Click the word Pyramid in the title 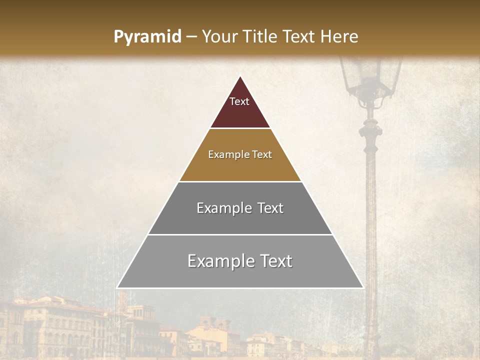point(147,37)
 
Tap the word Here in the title point(339,37)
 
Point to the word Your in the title point(219,37)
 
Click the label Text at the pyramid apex point(239,101)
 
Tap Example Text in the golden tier point(240,154)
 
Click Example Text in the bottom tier point(240,261)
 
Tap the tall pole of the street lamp point(371,225)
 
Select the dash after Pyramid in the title point(191,37)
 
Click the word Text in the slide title point(300,37)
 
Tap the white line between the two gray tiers point(240,234)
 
